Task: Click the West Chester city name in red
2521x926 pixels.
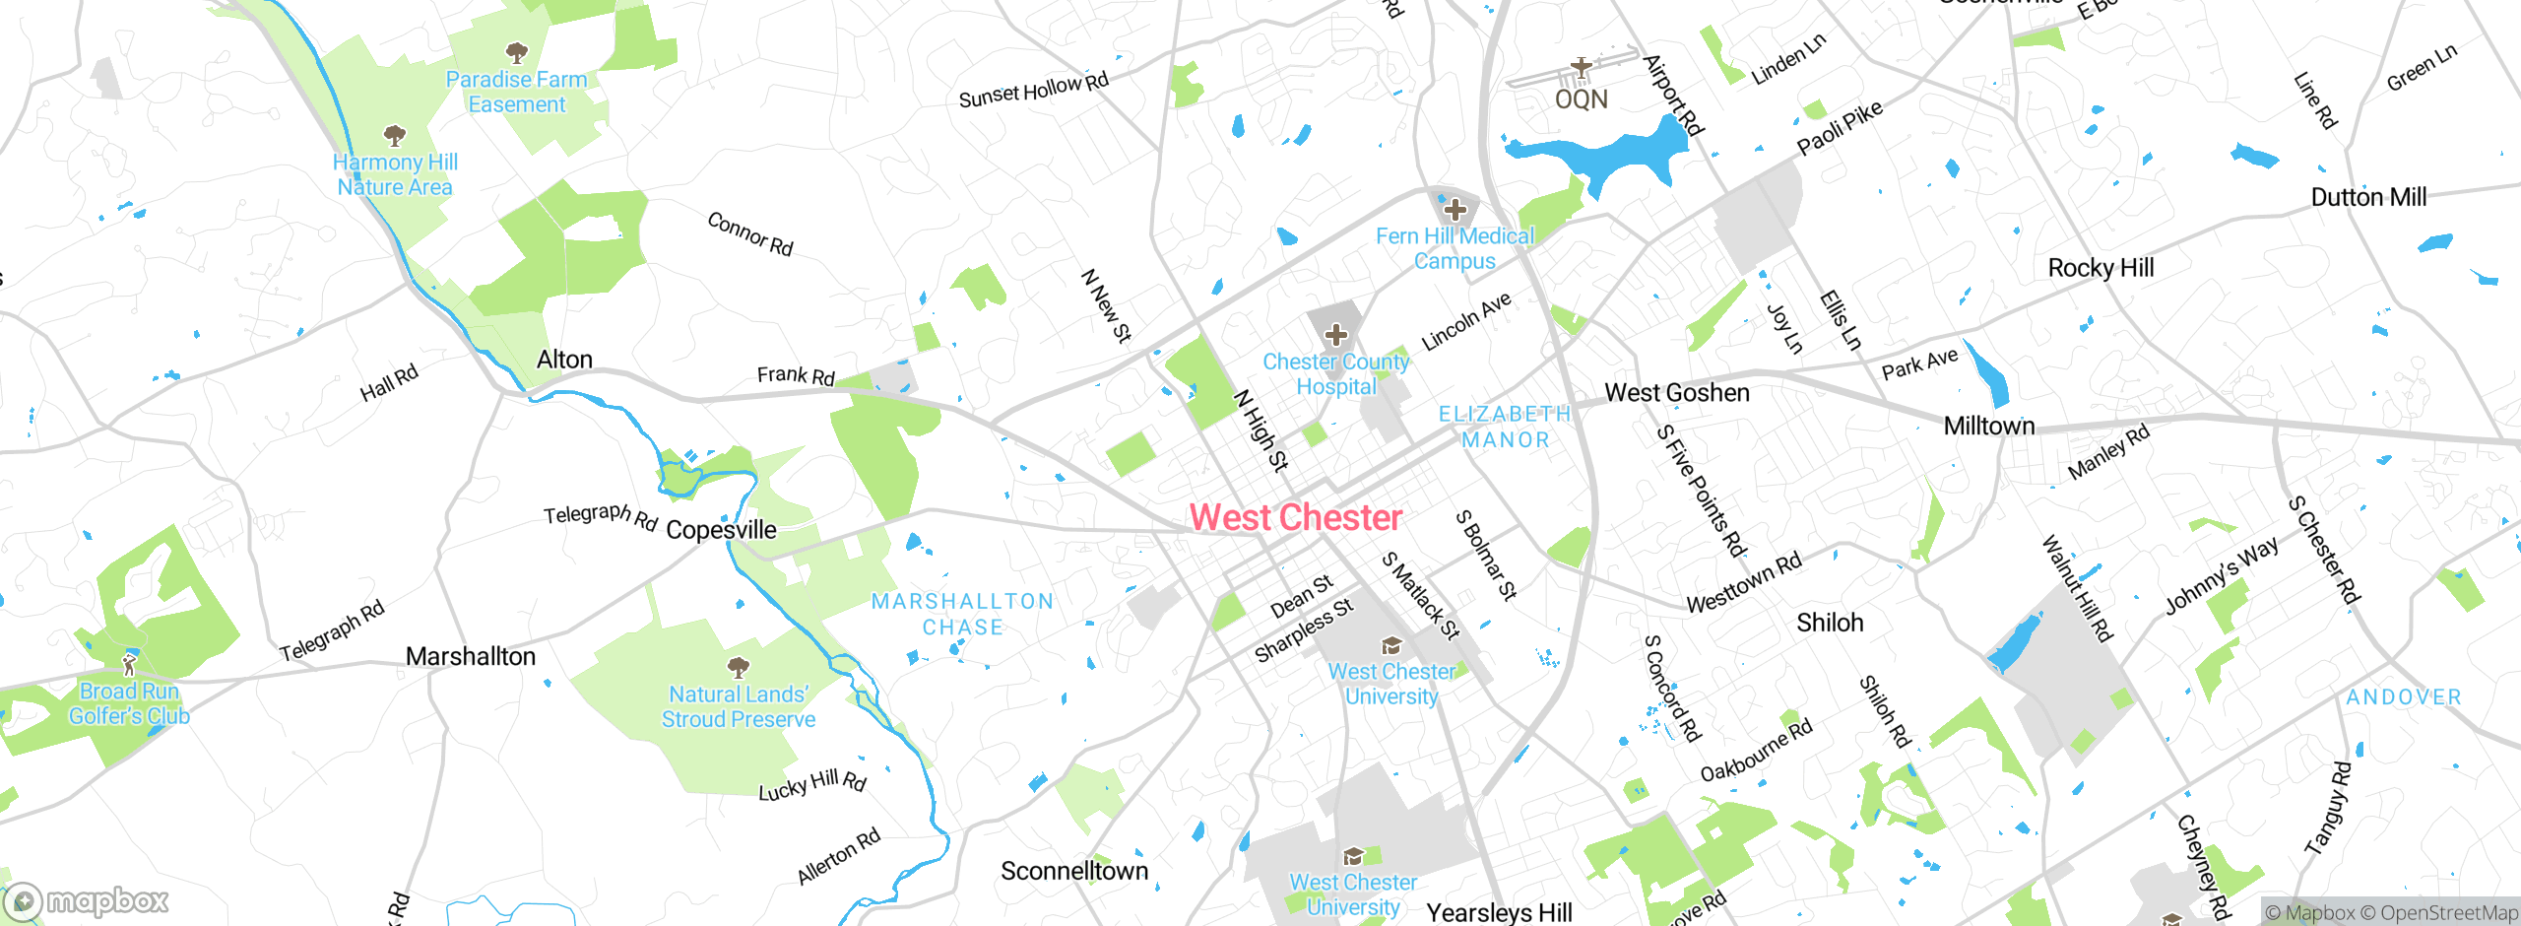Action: (1295, 518)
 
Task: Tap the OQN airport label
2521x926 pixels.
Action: (1581, 99)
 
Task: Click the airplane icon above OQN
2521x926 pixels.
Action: (1581, 68)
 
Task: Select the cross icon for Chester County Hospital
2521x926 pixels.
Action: (1335, 335)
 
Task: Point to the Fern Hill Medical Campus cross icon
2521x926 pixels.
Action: (1454, 210)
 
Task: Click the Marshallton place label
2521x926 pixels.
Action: (471, 657)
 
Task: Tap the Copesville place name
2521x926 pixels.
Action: (721, 530)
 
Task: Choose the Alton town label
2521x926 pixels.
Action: (564, 360)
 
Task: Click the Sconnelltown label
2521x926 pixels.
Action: (1074, 871)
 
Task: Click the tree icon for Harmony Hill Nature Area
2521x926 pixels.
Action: (394, 135)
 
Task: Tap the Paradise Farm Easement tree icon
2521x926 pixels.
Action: (516, 52)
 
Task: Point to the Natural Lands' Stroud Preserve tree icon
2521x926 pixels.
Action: (738, 667)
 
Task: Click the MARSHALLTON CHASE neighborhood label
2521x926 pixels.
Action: (962, 614)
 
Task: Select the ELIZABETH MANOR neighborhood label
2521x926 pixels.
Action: (1504, 427)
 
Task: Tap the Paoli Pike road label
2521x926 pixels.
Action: (1839, 128)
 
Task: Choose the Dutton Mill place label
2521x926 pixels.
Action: (2368, 197)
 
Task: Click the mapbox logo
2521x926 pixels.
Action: (87, 901)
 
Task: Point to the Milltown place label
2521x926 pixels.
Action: (1988, 427)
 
